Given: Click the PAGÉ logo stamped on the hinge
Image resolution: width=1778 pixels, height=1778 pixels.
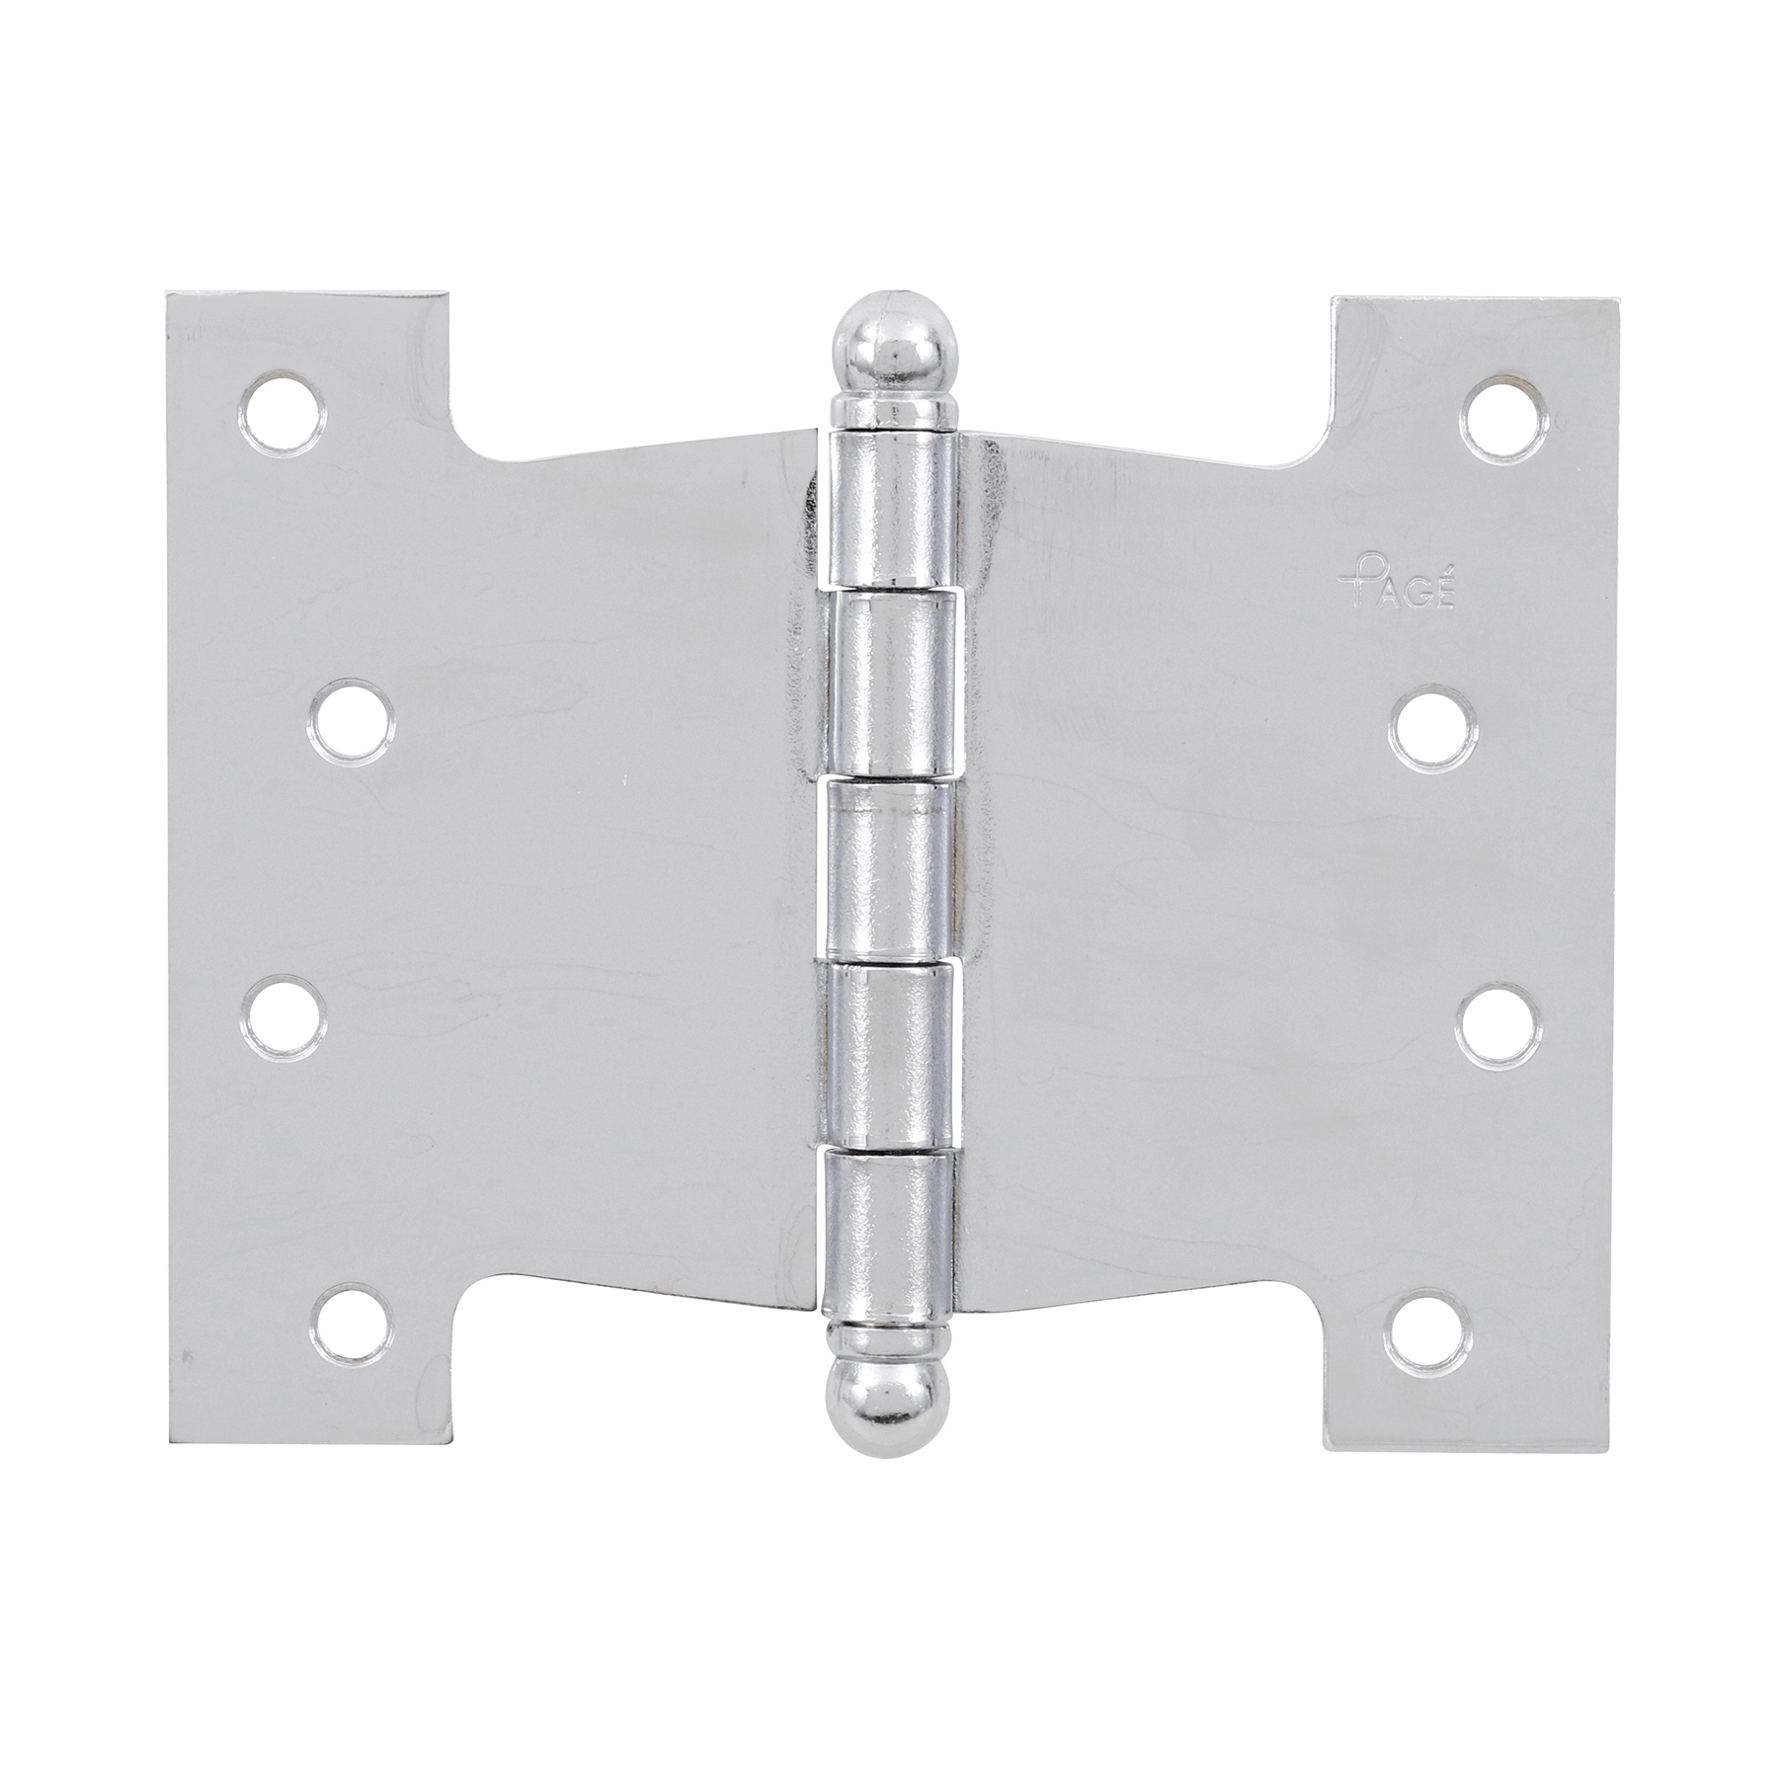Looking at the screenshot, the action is pyautogui.click(x=1397, y=590).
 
